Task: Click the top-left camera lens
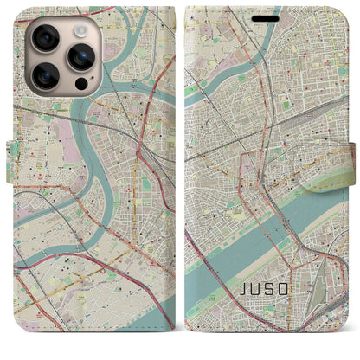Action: [x=42, y=37]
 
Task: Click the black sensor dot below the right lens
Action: [x=80, y=85]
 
